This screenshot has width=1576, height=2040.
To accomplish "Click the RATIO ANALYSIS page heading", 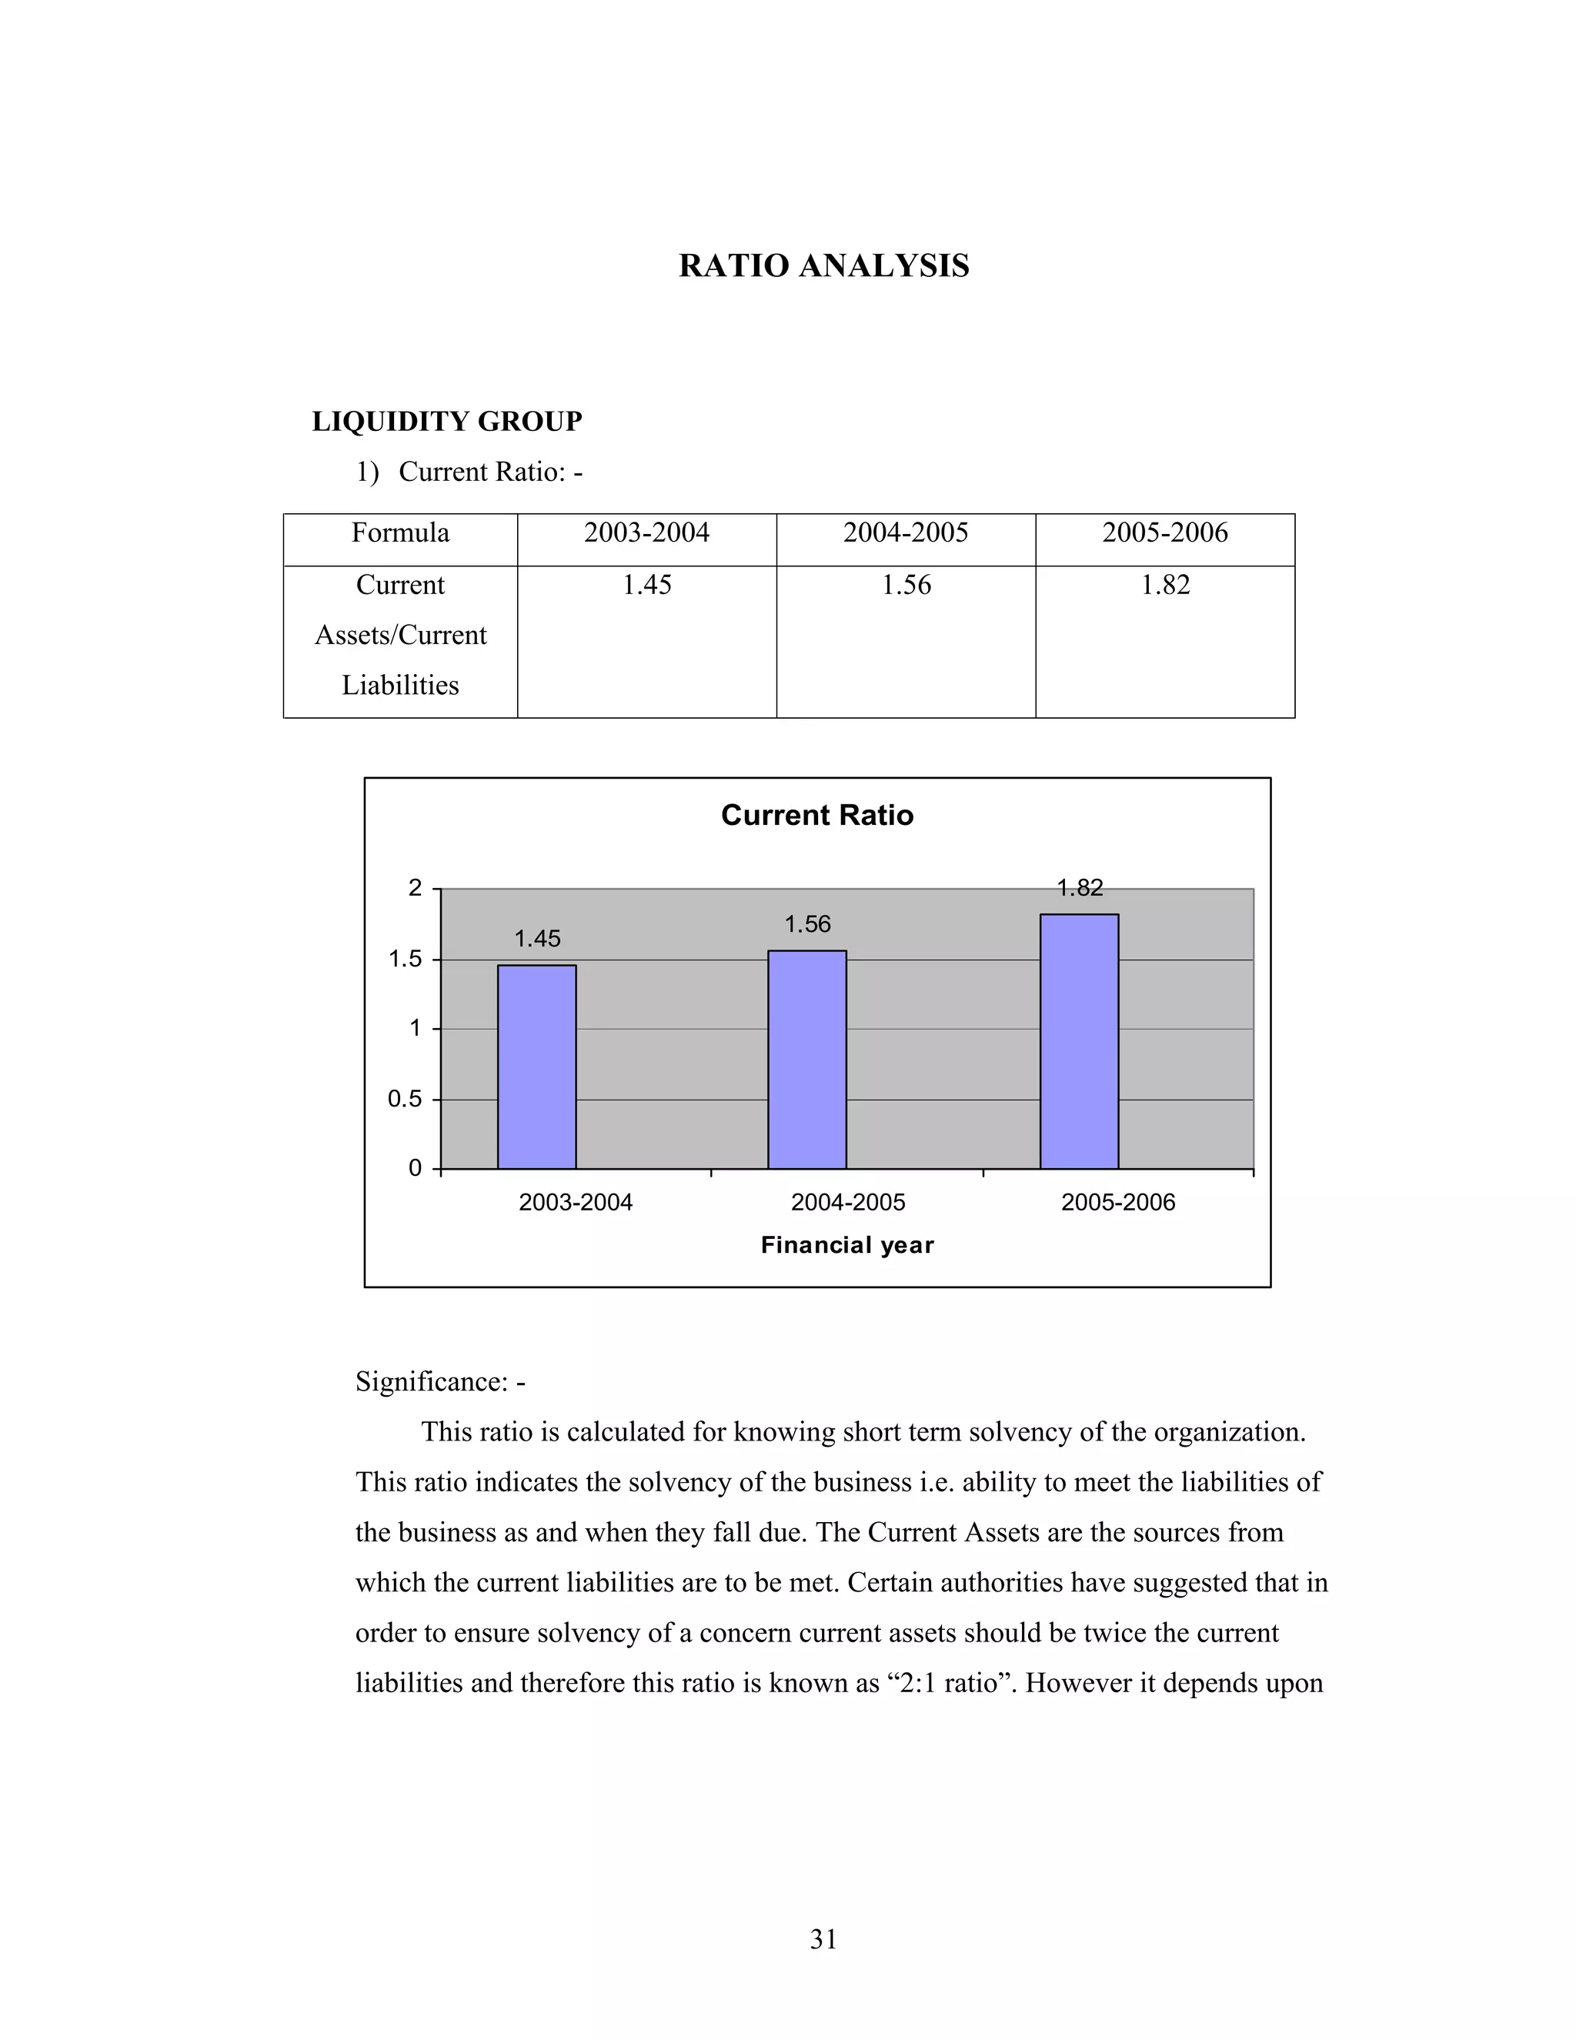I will coord(823,266).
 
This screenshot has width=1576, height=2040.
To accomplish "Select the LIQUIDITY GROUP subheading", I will coord(446,422).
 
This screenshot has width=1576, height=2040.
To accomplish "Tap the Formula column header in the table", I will coord(400,533).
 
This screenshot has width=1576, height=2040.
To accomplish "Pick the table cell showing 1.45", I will coord(646,586).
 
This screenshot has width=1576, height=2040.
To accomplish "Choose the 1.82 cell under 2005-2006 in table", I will coord(1165,586).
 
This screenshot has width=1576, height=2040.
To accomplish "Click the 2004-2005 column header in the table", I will coord(905,533).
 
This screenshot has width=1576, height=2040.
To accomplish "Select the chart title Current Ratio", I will coord(816,816).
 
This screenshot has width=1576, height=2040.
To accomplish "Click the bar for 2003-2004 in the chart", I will coord(536,1067).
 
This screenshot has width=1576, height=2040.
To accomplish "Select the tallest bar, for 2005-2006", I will coord(1079,1041).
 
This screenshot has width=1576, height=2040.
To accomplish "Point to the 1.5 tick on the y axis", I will coord(406,960).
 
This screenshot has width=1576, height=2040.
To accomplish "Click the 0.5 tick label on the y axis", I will coord(406,1100).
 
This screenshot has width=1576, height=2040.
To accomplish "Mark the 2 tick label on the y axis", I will coord(416,888).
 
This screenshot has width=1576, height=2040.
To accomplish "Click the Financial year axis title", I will coord(846,1245).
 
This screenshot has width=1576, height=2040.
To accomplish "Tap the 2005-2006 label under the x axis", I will coord(1117,1203).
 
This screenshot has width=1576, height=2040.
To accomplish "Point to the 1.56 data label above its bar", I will coord(807,925).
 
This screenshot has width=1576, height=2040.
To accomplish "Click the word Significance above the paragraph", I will coord(431,1381).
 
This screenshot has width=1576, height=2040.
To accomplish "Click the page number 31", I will coord(823,1940).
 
